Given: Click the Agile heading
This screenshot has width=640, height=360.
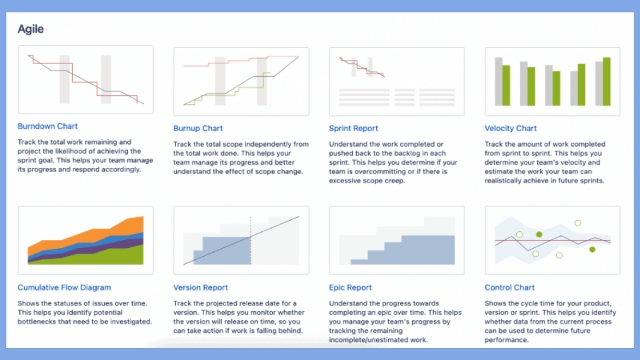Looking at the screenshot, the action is pyautogui.click(x=31, y=29).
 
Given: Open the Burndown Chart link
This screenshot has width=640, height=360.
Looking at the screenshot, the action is pyautogui.click(x=47, y=126).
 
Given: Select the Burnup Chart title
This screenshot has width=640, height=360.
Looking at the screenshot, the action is pyautogui.click(x=198, y=128).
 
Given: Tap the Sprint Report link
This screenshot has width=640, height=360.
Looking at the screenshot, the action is pyautogui.click(x=353, y=128).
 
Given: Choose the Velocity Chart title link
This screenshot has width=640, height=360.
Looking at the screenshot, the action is pyautogui.click(x=511, y=128).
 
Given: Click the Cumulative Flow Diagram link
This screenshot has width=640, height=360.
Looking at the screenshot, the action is pyautogui.click(x=64, y=287).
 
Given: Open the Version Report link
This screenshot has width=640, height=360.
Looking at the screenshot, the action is pyautogui.click(x=201, y=287).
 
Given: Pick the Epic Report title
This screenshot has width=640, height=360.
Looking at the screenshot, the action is pyautogui.click(x=350, y=287).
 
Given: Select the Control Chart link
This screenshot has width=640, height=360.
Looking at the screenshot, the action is pyautogui.click(x=509, y=287).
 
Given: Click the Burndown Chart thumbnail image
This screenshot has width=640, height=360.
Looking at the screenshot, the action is pyautogui.click(x=86, y=79).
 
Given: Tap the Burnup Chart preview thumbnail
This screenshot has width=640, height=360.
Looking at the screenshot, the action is pyautogui.click(x=241, y=81).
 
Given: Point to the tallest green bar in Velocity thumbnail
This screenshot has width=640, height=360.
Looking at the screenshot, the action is pyautogui.click(x=607, y=81).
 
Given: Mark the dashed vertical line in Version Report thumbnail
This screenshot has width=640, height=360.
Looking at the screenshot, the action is pyautogui.click(x=251, y=241).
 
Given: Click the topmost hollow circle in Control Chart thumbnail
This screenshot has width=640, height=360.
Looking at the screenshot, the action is pyautogui.click(x=577, y=223).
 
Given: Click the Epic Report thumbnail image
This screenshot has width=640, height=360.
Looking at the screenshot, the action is pyautogui.click(x=397, y=240).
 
